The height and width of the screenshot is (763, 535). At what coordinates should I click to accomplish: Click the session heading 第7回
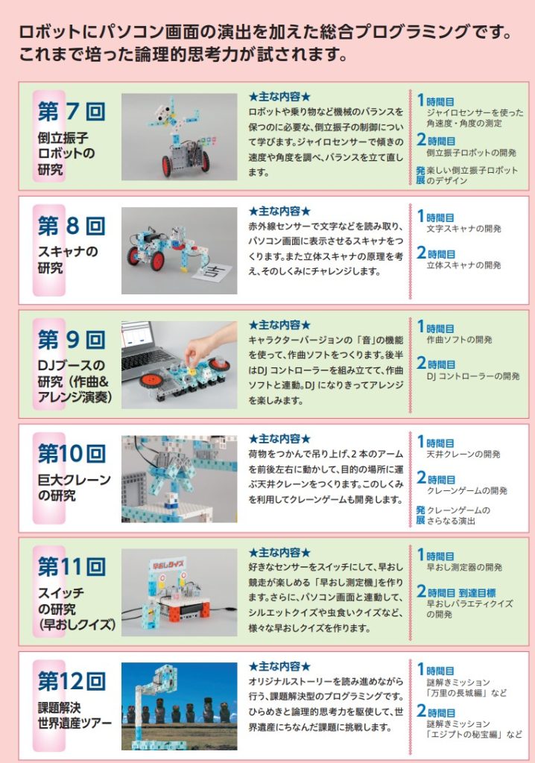coord(72,112)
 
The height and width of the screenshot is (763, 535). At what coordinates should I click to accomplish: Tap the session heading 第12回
coord(72,681)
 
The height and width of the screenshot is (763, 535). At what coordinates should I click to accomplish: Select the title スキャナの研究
coord(68,259)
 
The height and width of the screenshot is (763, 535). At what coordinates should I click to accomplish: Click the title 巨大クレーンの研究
coord(74,487)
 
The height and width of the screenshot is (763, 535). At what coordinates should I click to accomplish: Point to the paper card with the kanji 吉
coord(214,271)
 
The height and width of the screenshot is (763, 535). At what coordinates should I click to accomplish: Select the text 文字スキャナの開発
coord(464,229)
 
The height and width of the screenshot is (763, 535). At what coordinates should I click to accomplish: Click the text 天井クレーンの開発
coord(463,454)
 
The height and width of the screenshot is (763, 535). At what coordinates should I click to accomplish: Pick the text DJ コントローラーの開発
coord(473,376)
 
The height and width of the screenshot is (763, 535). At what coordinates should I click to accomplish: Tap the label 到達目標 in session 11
coord(477,592)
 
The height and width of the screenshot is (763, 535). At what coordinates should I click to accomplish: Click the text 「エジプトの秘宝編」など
coord(474,734)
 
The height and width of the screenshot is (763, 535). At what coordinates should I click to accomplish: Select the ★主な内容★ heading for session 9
coord(279,325)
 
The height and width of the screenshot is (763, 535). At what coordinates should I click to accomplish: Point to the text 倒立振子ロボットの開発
coord(471,153)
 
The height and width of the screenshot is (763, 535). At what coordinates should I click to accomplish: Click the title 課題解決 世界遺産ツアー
coord(75,715)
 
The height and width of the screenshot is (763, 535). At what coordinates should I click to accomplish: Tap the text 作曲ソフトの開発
coord(459,340)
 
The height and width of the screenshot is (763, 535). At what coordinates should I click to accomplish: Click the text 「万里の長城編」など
coord(466,693)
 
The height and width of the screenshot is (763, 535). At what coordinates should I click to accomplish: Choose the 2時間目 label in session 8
coord(436,253)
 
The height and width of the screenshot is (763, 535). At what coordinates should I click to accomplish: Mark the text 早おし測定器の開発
coord(464,567)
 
